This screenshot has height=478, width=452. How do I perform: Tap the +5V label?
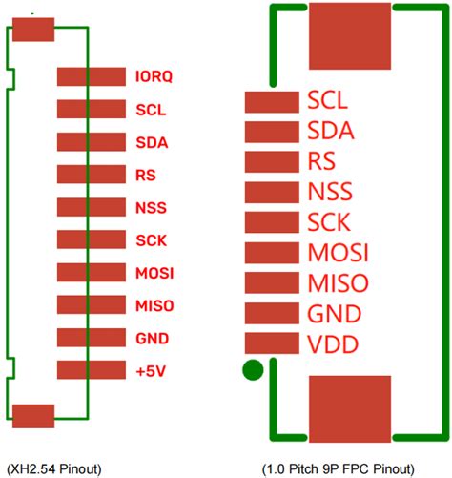coord(150,370)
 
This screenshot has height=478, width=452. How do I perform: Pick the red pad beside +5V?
coord(91,370)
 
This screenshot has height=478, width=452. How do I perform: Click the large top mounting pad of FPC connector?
coord(350,34)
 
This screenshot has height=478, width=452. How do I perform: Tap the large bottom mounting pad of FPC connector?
coord(350,408)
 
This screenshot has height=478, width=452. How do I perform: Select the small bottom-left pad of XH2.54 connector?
coord(33,415)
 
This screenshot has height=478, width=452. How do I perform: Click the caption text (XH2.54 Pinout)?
coord(53,468)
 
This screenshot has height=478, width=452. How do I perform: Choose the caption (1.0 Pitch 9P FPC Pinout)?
coord(338,468)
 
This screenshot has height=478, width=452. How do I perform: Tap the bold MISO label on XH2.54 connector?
coord(154,305)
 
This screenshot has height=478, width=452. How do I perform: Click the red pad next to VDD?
coord(273,343)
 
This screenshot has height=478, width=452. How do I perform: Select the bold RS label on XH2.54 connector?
coord(146,176)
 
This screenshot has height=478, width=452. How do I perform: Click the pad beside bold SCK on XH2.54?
coord(91,240)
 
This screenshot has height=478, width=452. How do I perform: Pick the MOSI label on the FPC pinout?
coord(339,254)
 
